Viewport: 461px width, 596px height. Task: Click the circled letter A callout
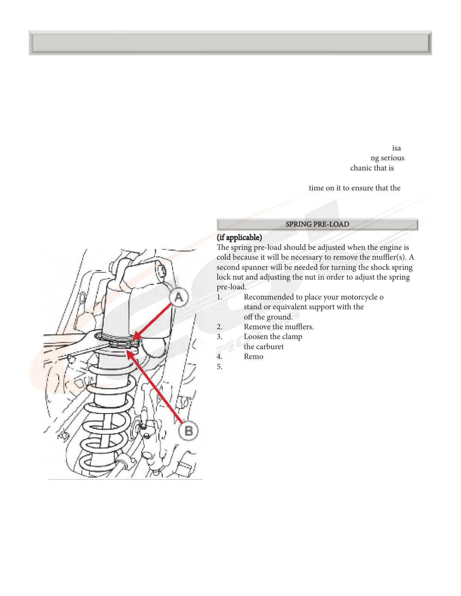pos(179,297)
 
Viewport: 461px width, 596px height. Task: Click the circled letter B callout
pos(188,430)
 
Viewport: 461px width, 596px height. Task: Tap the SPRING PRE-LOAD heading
pos(317,224)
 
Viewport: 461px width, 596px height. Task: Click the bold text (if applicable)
pos(239,237)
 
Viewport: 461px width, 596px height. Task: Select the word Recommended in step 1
pos(268,297)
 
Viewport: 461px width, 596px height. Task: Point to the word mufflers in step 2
pos(299,327)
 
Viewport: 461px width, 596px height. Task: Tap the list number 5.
pos(220,366)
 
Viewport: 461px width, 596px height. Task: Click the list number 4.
pos(220,357)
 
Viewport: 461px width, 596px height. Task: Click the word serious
pos(392,158)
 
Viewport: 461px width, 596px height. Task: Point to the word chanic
pos(362,168)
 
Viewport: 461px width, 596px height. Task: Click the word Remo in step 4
pos(253,357)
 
